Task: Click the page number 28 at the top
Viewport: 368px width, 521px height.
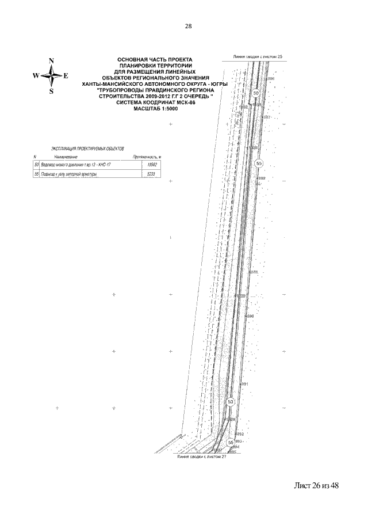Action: coord(188,26)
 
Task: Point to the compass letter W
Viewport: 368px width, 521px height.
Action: coord(36,75)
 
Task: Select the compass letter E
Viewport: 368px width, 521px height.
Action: coord(66,75)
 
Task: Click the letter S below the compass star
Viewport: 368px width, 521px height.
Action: coord(52,91)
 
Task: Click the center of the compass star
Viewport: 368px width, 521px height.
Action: coord(52,75)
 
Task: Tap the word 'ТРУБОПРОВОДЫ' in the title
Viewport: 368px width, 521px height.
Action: coord(122,90)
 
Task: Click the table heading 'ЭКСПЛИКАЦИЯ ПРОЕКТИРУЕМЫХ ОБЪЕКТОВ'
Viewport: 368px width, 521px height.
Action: coord(80,149)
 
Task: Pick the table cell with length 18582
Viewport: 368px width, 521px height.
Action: coord(152,165)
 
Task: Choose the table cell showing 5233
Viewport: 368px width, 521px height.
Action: coord(152,174)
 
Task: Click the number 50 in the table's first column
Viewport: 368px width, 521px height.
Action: coord(36,165)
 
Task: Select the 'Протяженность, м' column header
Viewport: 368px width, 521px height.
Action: coord(147,157)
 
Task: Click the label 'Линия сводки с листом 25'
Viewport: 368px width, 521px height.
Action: coord(259,58)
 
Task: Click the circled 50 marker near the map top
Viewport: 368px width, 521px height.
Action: coord(256,93)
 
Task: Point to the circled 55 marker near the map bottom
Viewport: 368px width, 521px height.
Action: coord(231,442)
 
